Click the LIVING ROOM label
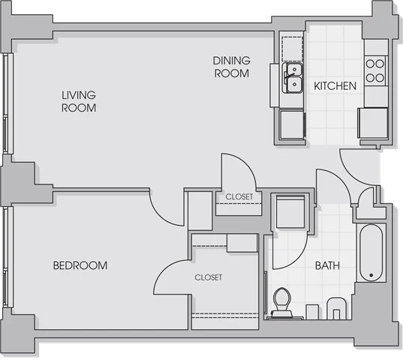click(x=79, y=101)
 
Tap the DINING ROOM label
click(x=232, y=67)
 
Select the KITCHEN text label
click(x=335, y=86)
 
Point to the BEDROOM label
click(x=80, y=265)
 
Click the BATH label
click(x=327, y=265)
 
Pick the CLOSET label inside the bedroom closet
click(x=209, y=277)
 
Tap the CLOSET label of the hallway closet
click(x=239, y=196)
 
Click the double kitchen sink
click(x=292, y=78)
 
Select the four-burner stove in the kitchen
click(x=375, y=70)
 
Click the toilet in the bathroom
click(x=281, y=303)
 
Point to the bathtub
click(x=371, y=253)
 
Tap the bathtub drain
click(x=371, y=275)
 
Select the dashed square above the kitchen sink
click(x=292, y=49)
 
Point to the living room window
click(x=8, y=103)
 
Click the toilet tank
click(x=281, y=315)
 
